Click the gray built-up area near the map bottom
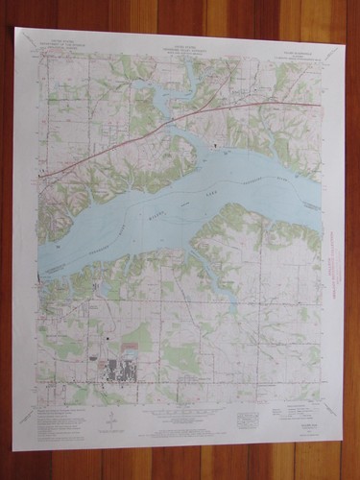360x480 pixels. pos(119,371)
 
